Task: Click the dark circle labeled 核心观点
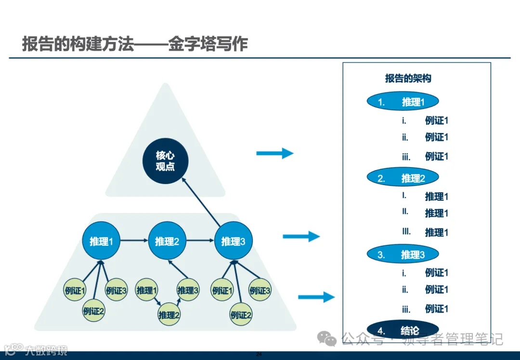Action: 165,161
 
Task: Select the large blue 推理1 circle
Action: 101,240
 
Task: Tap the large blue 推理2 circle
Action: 167,240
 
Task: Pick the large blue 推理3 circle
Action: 233,240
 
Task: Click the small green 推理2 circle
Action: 169,315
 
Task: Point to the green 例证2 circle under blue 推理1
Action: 93,311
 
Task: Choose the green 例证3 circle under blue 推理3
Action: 260,290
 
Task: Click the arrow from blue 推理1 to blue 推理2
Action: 134,240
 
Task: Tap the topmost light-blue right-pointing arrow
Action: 274,153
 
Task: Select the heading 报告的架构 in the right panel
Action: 408,79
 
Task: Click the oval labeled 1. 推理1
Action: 403,102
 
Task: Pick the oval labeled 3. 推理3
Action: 403,255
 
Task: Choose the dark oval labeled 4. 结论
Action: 403,331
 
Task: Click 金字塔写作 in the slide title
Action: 208,44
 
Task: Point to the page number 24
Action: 259,355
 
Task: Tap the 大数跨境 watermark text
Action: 47,350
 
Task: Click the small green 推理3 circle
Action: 188,290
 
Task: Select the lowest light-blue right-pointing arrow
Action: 316,297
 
